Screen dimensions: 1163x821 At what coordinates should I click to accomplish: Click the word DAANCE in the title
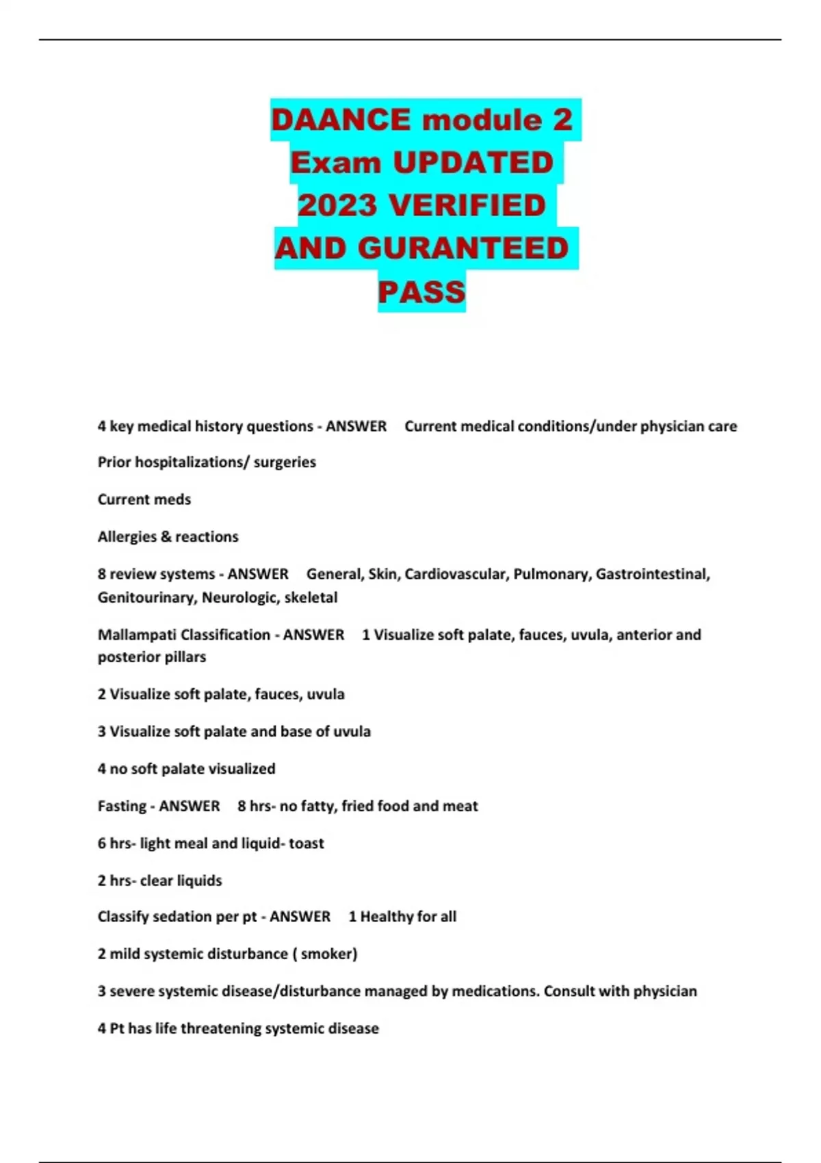point(340,120)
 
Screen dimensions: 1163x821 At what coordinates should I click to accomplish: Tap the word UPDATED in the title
point(473,163)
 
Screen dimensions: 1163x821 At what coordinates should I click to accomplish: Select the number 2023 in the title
point(337,205)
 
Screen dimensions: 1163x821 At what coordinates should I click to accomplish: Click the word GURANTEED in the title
point(463,248)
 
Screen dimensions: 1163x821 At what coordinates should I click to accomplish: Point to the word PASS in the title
point(421,292)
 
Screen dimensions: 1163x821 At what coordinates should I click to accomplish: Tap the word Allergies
point(127,537)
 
